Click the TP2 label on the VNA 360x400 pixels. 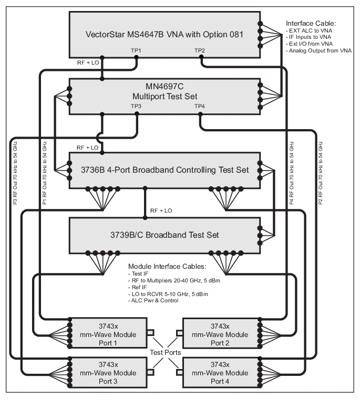click(x=200, y=50)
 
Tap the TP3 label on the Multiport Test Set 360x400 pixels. click(x=136, y=107)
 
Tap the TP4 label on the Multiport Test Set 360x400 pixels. click(x=200, y=107)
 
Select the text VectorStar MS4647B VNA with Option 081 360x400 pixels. click(x=164, y=35)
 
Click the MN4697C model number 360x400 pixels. click(x=164, y=87)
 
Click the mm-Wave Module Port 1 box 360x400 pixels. click(x=107, y=332)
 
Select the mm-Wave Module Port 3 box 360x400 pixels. click(x=107, y=371)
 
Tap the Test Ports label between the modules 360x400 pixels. click(x=163, y=353)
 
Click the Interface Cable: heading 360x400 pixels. click(x=310, y=24)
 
